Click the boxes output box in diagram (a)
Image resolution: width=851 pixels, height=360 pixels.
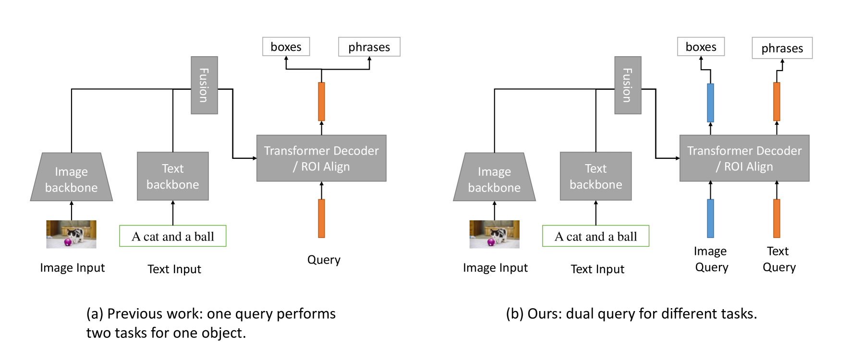(286, 47)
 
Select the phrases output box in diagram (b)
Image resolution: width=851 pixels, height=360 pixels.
(782, 48)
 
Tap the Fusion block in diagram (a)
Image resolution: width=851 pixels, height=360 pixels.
(204, 85)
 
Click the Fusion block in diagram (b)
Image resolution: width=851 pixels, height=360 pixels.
(627, 85)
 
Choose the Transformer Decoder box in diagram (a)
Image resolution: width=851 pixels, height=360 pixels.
(321, 158)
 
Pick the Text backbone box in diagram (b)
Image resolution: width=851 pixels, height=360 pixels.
(596, 176)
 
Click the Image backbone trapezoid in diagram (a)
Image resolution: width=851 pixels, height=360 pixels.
(71, 178)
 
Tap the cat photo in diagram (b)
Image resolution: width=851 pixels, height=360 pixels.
(494, 234)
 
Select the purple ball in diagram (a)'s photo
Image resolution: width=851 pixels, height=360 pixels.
(68, 242)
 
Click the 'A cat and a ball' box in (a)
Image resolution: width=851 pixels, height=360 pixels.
(172, 236)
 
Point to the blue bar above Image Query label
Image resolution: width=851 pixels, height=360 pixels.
(710, 218)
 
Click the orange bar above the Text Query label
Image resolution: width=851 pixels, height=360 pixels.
(777, 218)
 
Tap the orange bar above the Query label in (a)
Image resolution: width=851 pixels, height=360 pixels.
(321, 218)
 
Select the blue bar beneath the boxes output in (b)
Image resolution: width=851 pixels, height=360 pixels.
(710, 103)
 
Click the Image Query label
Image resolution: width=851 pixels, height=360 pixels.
(711, 259)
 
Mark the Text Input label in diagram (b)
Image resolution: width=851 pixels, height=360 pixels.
(597, 269)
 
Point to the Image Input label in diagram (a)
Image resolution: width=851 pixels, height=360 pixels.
(72, 268)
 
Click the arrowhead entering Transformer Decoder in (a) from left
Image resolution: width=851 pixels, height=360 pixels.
(255, 158)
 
